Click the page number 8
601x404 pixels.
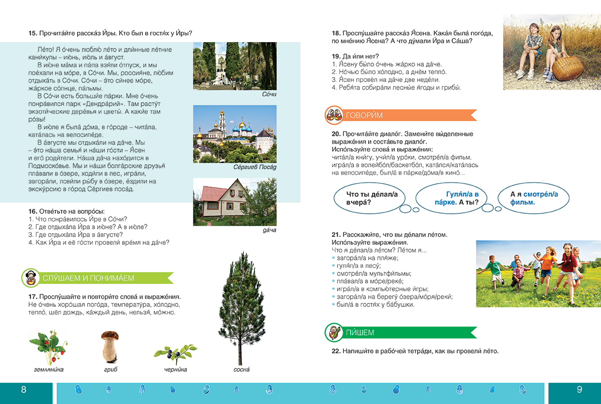[x=24, y=390]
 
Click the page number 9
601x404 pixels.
[x=579, y=390]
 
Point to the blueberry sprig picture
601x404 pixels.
[x=175, y=352]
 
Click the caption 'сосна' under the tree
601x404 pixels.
[x=241, y=369]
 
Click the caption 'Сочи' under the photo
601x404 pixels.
[x=269, y=94]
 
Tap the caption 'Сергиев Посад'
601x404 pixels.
[x=255, y=167]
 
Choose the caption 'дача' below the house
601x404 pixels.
[x=269, y=230]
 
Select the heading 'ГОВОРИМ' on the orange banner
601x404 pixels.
[x=364, y=116]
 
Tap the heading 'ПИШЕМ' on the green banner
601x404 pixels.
[x=360, y=332]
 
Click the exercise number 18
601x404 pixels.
[x=336, y=33]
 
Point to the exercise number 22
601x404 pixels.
[x=336, y=351]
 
